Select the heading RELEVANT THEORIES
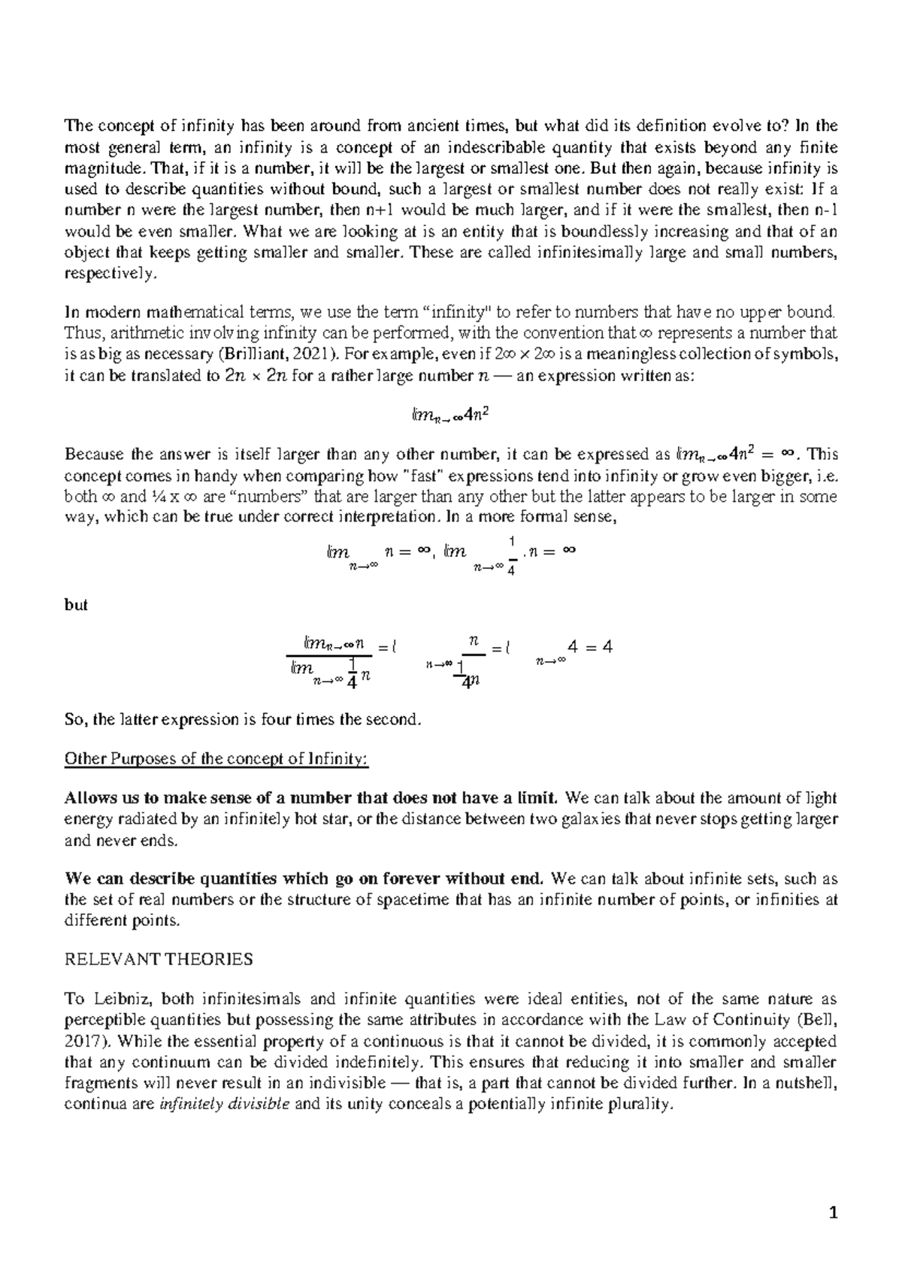click(159, 960)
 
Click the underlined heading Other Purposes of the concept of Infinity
click(216, 758)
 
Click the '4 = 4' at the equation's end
click(591, 647)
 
